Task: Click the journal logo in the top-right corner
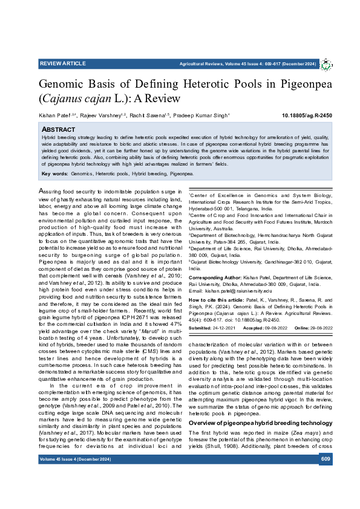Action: (326, 63)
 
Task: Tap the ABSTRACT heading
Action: (58, 129)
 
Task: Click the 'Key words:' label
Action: (54, 174)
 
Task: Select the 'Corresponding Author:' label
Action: (215, 276)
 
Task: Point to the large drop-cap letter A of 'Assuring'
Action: (42, 191)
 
